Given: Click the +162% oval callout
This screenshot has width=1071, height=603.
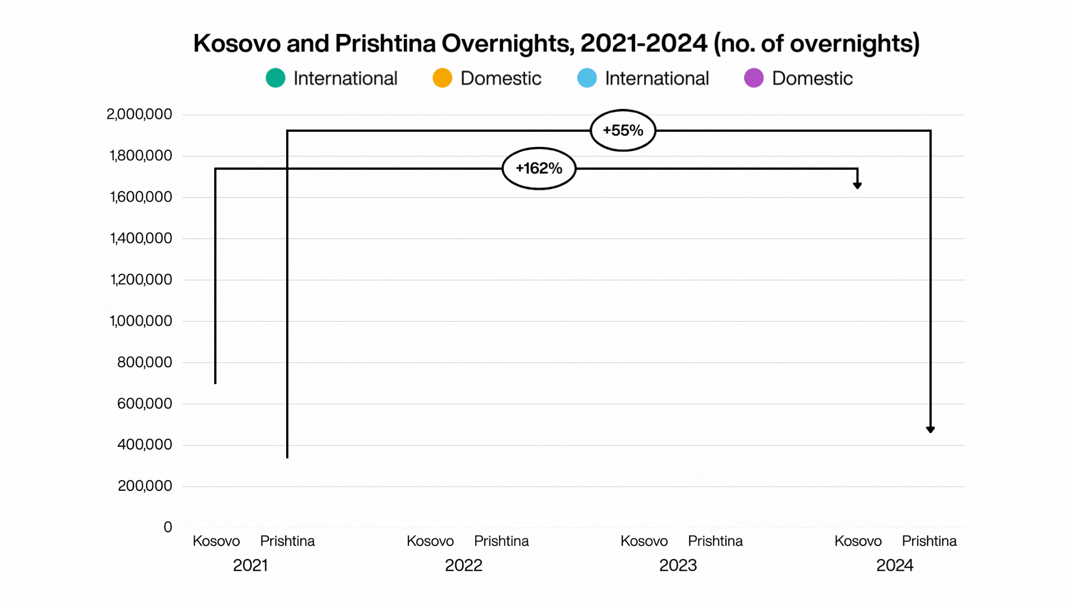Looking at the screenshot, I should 539,168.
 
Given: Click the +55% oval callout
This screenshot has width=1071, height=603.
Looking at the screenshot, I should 623,130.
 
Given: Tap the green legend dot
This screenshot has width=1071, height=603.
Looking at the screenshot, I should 276,78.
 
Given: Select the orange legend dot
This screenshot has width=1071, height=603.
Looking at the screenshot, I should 442,78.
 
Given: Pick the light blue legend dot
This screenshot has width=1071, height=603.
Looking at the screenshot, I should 587,78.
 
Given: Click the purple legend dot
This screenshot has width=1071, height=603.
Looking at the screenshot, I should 754,78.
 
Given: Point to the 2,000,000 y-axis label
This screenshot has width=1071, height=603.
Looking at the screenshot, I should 139,114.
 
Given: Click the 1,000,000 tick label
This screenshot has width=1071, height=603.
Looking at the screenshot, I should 141,321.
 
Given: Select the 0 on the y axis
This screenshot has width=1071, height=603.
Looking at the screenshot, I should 167,527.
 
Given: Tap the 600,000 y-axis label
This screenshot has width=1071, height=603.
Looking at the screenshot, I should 144,404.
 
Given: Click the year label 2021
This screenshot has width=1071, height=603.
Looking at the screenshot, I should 250,566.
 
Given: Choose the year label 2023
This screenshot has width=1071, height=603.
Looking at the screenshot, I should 678,566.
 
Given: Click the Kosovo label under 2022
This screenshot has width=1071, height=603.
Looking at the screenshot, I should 430,541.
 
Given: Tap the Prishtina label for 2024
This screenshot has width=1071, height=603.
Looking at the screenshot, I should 929,541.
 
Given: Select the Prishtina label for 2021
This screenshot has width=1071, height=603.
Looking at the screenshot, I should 287,541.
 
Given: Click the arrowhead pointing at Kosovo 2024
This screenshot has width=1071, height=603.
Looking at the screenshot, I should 857,185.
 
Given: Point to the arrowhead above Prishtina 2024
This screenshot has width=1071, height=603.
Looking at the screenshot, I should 930,429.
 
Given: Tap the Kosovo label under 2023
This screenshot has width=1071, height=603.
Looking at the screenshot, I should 644,541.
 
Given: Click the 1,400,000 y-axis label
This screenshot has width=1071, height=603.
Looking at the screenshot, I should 141,238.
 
